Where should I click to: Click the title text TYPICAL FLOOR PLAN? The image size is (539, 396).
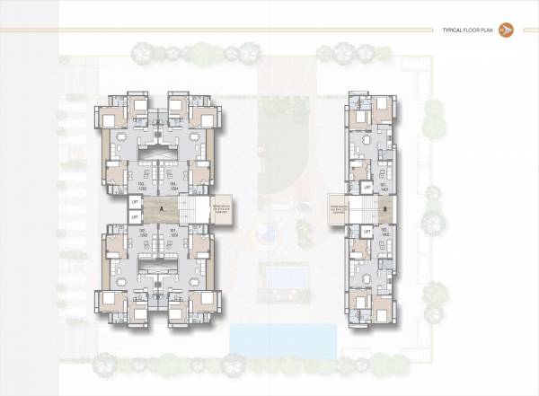pyautogui.click(x=468, y=31)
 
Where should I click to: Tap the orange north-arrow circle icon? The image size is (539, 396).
pyautogui.click(x=505, y=31)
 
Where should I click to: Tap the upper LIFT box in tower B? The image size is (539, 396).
pyautogui.click(x=367, y=187)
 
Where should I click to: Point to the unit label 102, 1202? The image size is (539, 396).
pyautogui.click(x=141, y=232)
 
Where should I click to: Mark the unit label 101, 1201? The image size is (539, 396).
pyautogui.click(x=174, y=232)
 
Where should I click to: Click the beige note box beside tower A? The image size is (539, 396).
pyautogui.click(x=223, y=208)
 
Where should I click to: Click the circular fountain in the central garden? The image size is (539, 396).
pyautogui.click(x=265, y=235)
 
